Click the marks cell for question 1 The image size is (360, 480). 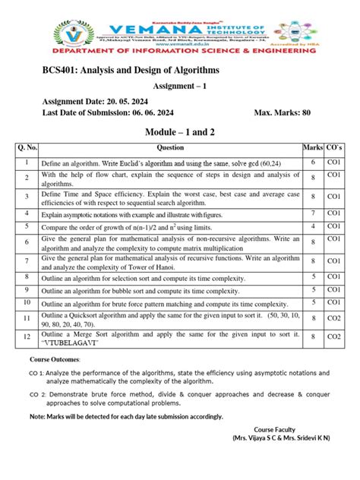[312, 163]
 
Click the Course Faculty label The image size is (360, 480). [284, 429]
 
